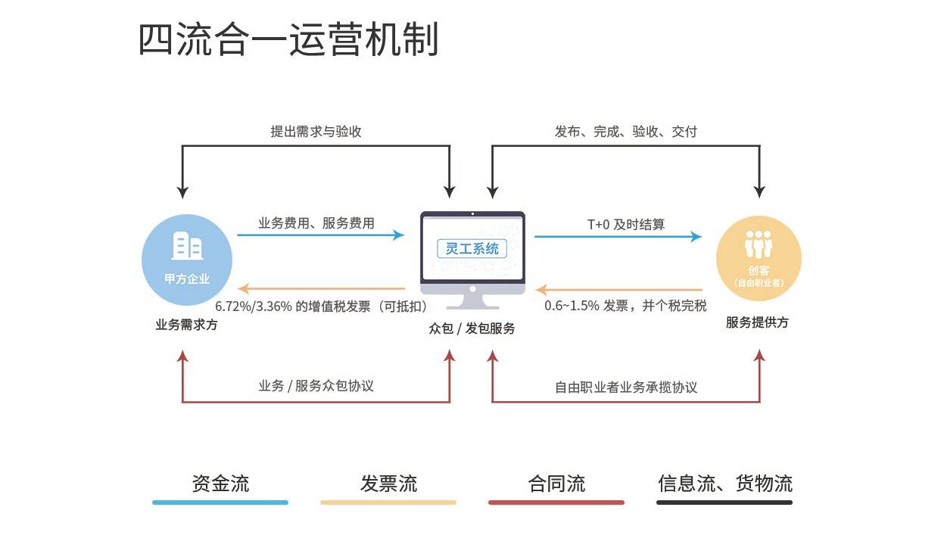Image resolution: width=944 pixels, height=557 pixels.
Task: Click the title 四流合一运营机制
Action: [x=288, y=39]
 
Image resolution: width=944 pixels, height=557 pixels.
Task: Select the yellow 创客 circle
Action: [x=759, y=260]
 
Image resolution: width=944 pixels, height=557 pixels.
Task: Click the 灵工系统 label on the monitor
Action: [x=472, y=247]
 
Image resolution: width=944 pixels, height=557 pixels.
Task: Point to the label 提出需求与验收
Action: [x=316, y=132]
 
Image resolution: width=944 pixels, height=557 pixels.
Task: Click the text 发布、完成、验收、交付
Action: [x=626, y=132]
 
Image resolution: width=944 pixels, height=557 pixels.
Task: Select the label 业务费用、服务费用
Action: [x=316, y=223]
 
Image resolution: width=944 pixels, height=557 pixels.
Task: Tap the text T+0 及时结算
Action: [x=626, y=224]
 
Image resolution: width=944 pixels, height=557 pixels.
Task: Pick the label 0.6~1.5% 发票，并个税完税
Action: [x=626, y=306]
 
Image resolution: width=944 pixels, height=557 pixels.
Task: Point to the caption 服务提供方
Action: [x=757, y=322]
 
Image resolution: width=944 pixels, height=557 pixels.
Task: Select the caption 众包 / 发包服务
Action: [x=472, y=328]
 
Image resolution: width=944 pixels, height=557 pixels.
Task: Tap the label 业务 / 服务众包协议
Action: [x=316, y=386]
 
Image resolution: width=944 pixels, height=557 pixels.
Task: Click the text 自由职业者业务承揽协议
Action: [x=626, y=387]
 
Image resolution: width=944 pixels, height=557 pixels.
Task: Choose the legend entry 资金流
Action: [x=220, y=484]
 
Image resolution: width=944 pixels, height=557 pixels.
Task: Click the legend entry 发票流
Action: [x=388, y=484]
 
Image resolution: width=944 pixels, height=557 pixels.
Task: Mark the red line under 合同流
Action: [x=556, y=502]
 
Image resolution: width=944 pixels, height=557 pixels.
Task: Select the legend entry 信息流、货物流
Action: [x=724, y=484]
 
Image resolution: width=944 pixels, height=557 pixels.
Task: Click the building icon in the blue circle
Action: [x=187, y=246]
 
